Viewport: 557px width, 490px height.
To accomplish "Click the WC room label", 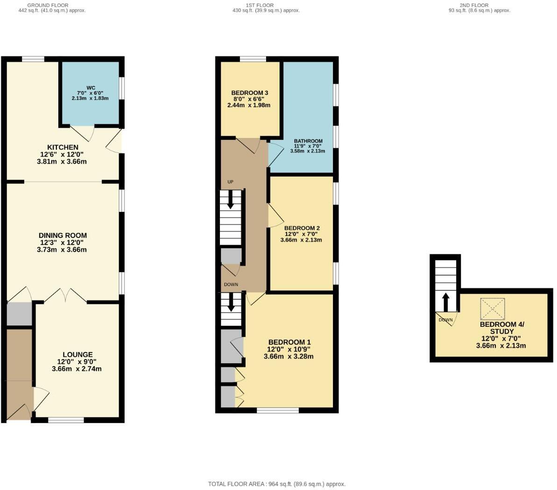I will (x=91, y=88).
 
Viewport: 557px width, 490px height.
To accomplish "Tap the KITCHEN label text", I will (x=63, y=147).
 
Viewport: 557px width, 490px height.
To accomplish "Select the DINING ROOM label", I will (x=63, y=236).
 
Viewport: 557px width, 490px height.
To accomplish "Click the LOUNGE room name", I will (x=78, y=354).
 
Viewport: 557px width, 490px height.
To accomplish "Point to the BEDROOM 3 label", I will (x=249, y=93).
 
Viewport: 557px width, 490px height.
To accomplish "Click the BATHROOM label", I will (x=308, y=141).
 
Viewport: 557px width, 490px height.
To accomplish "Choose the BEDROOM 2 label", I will (x=302, y=228).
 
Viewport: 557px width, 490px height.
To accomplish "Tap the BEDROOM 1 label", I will (x=289, y=342).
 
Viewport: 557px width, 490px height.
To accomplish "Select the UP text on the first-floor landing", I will (x=230, y=182).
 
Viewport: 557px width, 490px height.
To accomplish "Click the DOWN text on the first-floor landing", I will (x=231, y=284).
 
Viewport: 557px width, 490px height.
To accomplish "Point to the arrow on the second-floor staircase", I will (x=445, y=302).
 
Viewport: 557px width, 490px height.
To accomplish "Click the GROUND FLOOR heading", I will (x=48, y=5).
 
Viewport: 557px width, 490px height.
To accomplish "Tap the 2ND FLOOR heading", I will (x=474, y=5).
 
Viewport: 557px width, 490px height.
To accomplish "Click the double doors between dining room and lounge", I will (x=66, y=295).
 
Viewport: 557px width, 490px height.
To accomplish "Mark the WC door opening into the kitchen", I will (x=82, y=133).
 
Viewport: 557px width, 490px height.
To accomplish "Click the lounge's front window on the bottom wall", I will (x=66, y=420).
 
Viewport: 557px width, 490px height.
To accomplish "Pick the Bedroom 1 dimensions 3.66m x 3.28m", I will (x=288, y=356).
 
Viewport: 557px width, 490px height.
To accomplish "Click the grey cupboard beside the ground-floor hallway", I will (x=19, y=314).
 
